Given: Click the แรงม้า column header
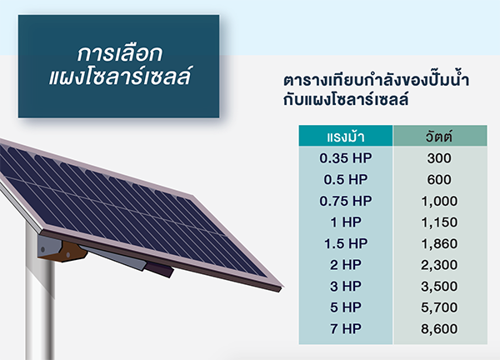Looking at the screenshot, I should pos(345,137).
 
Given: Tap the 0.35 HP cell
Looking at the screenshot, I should pos(345,158).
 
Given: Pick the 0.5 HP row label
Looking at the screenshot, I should pos(345,179).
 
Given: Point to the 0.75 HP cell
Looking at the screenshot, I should pos(345,201).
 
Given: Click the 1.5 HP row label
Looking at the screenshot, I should pos(345,243).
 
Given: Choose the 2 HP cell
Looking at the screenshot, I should pos(345,265).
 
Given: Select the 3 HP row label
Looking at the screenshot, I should pos(345,287).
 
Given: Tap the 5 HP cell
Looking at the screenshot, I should pos(345,307).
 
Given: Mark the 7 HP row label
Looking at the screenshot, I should pos(345,329).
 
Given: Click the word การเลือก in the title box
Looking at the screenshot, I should pos(117,53).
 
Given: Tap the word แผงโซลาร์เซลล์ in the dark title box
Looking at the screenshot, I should pos(117,80).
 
